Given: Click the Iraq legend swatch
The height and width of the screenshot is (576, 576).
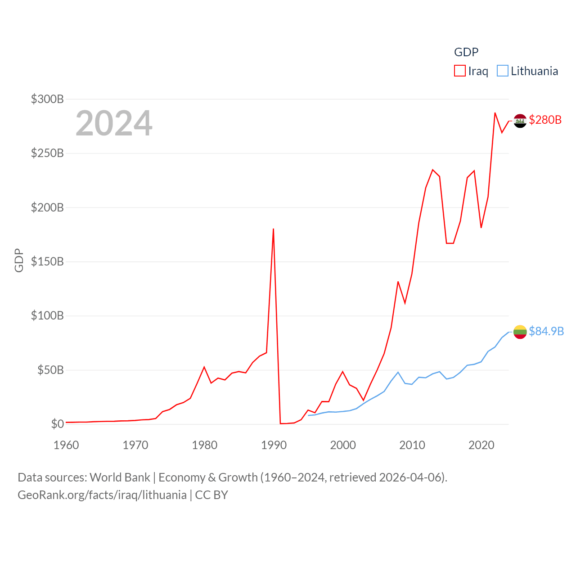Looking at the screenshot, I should [459, 71].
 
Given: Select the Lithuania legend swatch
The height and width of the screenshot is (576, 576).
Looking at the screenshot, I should [502, 71].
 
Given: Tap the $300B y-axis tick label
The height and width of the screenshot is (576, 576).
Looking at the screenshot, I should [47, 99].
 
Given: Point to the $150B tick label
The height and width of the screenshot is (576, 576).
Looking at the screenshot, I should [47, 261].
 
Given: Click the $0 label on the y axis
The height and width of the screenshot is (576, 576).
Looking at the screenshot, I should [58, 424].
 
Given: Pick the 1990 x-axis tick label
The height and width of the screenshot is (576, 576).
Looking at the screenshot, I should [274, 445].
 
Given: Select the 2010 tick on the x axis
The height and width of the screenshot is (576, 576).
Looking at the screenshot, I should [412, 445].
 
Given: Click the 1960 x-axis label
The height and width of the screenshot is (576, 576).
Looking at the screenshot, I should [66, 445].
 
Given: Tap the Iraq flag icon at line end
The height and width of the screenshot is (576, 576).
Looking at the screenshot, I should [520, 121].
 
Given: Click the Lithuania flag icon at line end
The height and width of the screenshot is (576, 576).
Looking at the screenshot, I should [520, 332].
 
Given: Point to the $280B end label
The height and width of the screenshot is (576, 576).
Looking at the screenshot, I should [545, 120].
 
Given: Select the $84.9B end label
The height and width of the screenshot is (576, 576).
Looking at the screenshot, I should [546, 331].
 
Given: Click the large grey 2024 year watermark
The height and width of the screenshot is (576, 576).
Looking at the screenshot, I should [114, 123].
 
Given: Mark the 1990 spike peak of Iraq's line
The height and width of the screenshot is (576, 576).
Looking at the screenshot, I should [273, 229].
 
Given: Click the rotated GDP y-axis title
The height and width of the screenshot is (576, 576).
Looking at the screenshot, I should [19, 260].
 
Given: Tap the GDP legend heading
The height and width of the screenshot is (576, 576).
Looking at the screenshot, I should [466, 52].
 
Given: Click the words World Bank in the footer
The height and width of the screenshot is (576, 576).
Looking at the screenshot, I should [120, 477].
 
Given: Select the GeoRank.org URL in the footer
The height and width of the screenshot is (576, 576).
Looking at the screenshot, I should [102, 495].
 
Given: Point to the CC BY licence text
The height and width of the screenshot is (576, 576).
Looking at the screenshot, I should [211, 495].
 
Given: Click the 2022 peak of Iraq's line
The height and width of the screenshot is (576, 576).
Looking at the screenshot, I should [495, 113].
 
